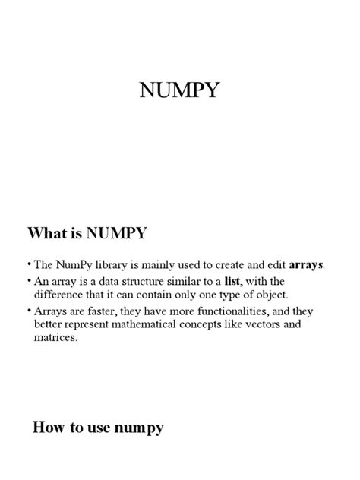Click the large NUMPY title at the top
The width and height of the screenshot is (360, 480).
point(179,91)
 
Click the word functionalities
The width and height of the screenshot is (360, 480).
point(219,312)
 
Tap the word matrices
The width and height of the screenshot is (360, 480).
point(55,338)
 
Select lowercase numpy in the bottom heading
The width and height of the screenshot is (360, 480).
point(138,429)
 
